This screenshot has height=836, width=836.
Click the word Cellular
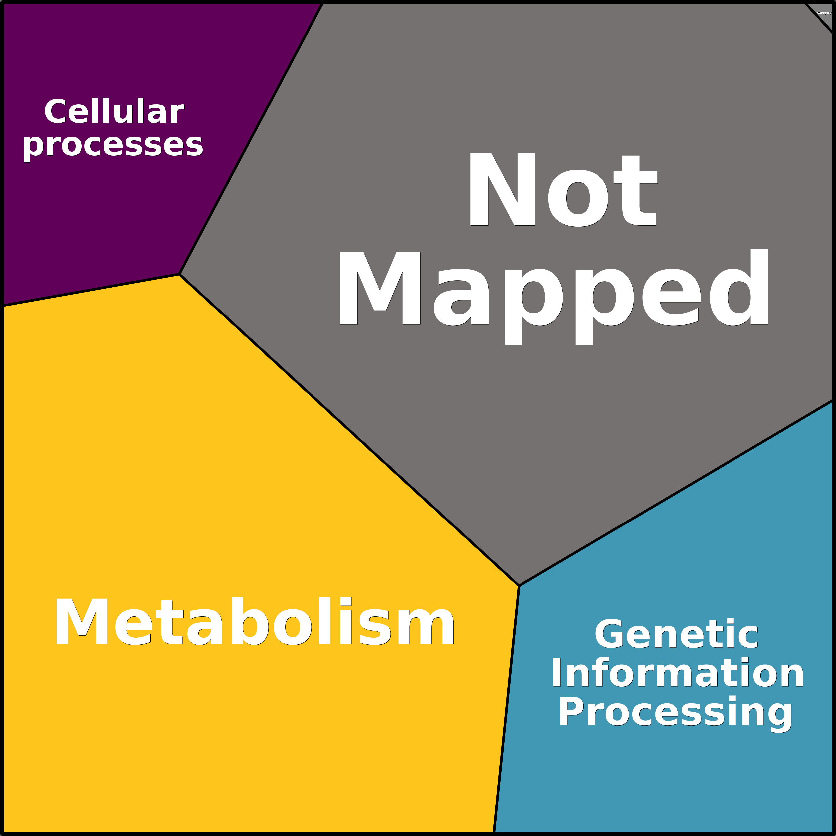(x=114, y=111)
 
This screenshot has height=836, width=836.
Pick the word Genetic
(x=676, y=634)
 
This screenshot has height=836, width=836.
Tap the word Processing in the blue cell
(x=676, y=714)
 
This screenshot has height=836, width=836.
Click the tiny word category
(x=824, y=13)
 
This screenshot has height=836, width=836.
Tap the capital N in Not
(x=503, y=189)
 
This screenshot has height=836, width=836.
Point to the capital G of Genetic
(x=610, y=634)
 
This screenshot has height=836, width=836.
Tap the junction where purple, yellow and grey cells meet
(x=179, y=274)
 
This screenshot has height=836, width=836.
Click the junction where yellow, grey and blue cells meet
(x=519, y=586)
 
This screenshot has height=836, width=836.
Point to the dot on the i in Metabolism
(x=346, y=601)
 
